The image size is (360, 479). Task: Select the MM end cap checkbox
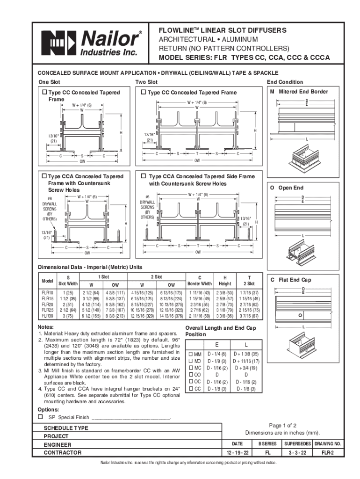point(190,354)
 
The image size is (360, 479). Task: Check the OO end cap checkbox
point(190,375)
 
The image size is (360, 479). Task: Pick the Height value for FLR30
point(225,316)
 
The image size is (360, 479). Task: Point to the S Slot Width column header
point(68,281)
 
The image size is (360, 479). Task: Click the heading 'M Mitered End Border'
point(298,92)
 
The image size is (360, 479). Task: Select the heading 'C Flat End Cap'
point(290,280)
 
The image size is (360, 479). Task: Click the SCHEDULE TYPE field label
point(66,428)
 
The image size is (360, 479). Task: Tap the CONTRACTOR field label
point(63,453)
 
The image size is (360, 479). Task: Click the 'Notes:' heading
point(45,327)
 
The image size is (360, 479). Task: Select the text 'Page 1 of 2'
point(283,425)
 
